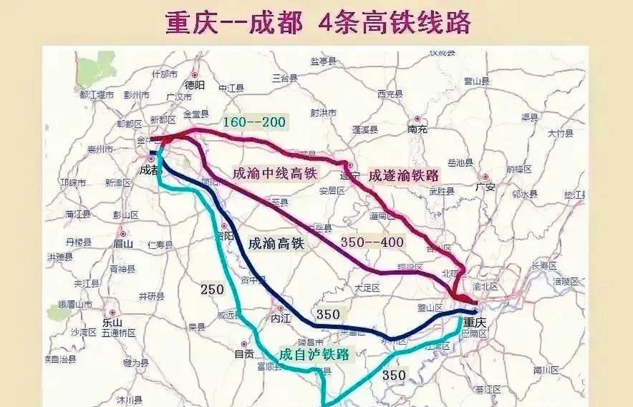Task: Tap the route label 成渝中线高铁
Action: pos(275,174)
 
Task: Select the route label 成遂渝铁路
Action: pos(403,176)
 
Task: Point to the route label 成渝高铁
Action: pos(276,244)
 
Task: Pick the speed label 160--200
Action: pos(254,122)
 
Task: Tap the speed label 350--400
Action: pos(372,242)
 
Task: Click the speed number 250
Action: pos(212,289)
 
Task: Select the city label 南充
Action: pos(417,129)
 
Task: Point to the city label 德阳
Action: pos(194,85)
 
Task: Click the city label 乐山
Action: pos(112,323)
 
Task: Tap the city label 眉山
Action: pos(123,244)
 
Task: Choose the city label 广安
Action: pos(485,187)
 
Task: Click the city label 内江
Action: pos(281,318)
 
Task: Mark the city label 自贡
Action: pos(244,354)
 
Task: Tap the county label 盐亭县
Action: pos(323,61)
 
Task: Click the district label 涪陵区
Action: pos(565,281)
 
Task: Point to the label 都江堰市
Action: pos(96,95)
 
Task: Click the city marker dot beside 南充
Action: pos(417,119)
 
